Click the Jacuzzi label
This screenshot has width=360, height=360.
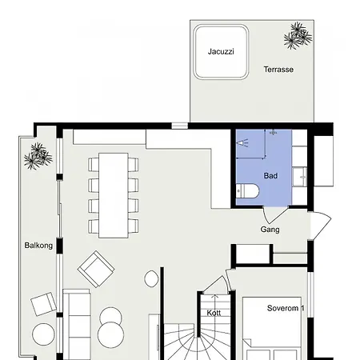(221, 51)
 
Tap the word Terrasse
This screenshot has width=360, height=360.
(278, 70)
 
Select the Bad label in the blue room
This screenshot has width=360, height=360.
(270, 176)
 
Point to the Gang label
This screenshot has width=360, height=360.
(270, 230)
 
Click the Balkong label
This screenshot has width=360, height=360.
(38, 246)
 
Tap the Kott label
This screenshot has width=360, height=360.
(214, 313)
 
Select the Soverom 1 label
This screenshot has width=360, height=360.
(286, 308)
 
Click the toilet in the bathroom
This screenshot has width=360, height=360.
(247, 191)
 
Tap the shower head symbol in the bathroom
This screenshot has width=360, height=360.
(243, 143)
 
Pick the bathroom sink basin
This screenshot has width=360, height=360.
(300, 177)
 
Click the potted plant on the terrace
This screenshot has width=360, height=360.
(298, 36)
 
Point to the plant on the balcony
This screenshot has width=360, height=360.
(38, 156)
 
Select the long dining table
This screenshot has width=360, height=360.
(114, 195)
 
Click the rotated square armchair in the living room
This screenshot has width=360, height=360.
(96, 269)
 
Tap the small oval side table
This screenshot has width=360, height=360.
(151, 278)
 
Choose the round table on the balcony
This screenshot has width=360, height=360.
(43, 334)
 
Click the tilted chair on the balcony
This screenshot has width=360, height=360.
(43, 304)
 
